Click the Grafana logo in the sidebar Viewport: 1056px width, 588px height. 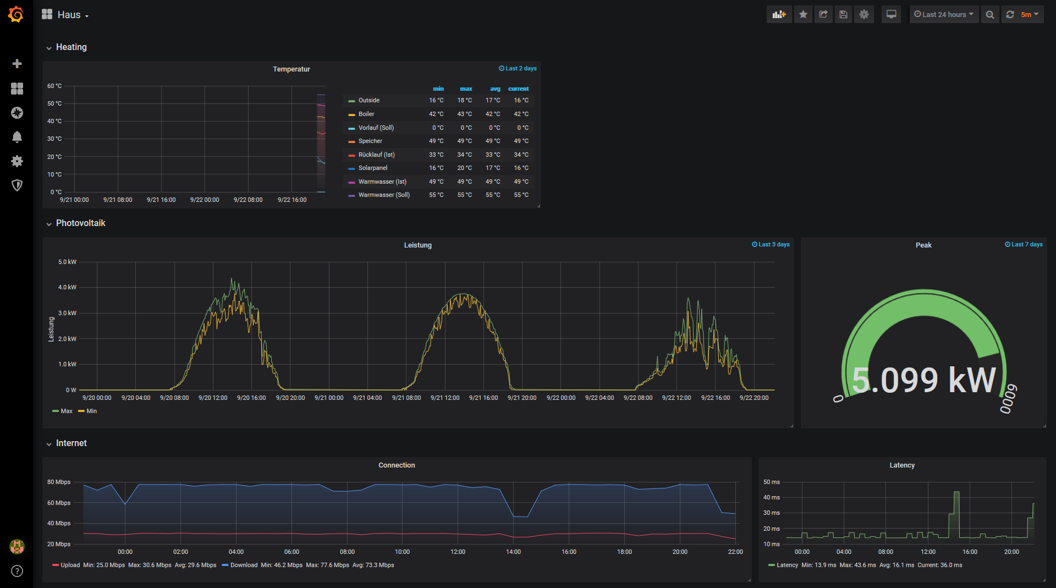16,14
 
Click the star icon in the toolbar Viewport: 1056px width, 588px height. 803,14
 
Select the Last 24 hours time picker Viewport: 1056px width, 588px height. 943,14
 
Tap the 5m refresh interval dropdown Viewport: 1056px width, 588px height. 1029,14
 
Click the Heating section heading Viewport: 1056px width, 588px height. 71,47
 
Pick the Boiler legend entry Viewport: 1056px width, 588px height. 366,114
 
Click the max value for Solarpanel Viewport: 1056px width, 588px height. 464,168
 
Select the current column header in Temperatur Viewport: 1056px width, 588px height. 518,89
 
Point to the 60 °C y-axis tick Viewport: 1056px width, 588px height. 54,86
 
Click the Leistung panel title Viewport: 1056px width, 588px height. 417,245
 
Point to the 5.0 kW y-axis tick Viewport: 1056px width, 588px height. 67,262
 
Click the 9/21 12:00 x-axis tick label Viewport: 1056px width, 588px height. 444,398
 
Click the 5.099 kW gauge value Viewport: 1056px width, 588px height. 923,380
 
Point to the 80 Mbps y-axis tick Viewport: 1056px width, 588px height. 59,482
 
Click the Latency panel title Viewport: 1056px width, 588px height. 902,465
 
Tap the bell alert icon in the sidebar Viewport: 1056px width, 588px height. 17,136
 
